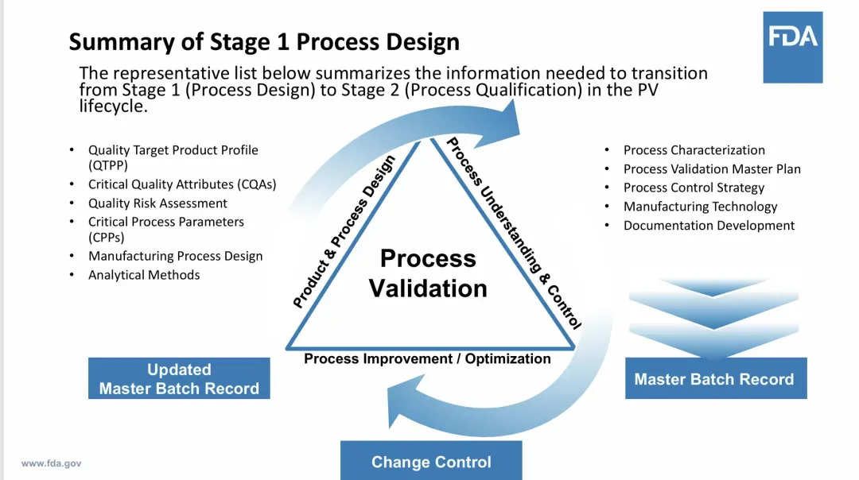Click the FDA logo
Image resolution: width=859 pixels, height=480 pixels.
792,47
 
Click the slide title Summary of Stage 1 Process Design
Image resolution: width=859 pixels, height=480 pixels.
264,41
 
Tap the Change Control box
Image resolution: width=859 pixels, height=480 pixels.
431,462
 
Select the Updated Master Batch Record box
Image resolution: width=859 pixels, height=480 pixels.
179,379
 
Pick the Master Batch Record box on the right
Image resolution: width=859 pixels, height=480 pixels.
714,379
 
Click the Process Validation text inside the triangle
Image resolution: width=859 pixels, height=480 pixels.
428,273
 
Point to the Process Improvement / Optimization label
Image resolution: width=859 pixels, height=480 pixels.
427,358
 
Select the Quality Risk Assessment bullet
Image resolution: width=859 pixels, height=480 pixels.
157,203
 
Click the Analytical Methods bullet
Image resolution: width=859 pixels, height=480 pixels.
144,275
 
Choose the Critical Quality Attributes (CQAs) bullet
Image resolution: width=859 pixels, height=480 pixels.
182,184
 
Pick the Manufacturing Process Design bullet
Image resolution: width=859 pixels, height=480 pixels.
175,256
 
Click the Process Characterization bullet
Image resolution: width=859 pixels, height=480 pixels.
694,150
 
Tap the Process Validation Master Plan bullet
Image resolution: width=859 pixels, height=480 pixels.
712,168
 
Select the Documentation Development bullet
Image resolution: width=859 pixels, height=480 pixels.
709,226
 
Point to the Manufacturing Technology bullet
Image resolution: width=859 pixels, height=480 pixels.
700,207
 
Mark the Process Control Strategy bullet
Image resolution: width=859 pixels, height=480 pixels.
694,188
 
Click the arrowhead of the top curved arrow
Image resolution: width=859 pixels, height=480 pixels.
507,119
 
